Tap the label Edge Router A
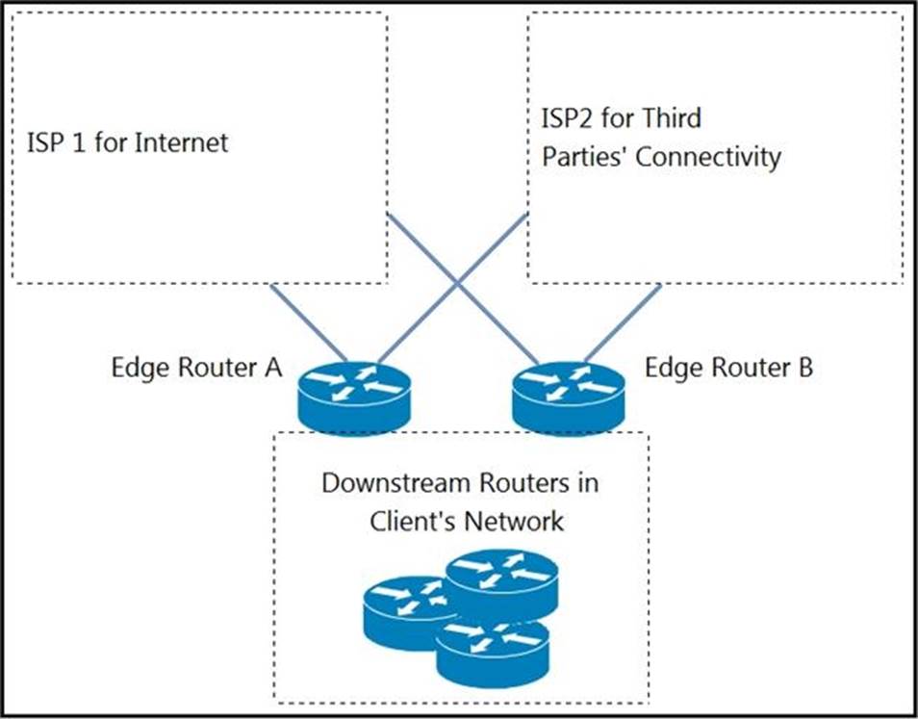[195, 369]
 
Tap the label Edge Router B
[728, 369]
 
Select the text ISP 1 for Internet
[128, 143]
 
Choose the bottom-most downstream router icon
[492, 651]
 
